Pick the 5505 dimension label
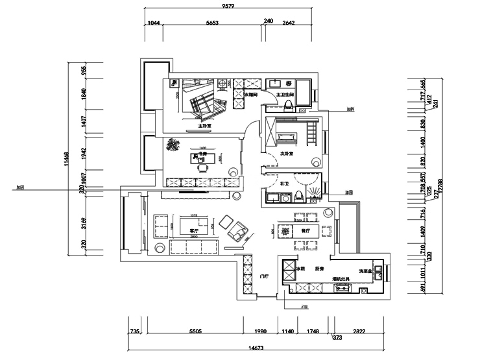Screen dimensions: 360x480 195,331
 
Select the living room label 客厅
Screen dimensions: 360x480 193,230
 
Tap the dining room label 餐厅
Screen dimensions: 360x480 306,230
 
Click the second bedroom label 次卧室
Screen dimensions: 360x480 286,154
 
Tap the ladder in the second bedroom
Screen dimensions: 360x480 311,135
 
